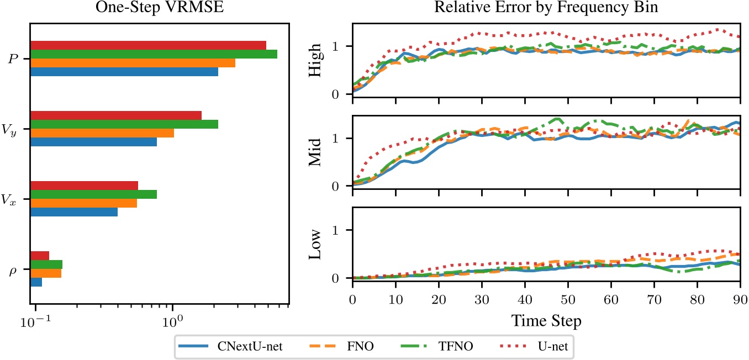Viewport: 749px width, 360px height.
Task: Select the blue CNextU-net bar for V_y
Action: point(93,142)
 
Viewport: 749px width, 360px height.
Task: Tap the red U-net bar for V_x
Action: point(84,186)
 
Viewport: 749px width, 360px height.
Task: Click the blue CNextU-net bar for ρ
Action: point(36,282)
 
